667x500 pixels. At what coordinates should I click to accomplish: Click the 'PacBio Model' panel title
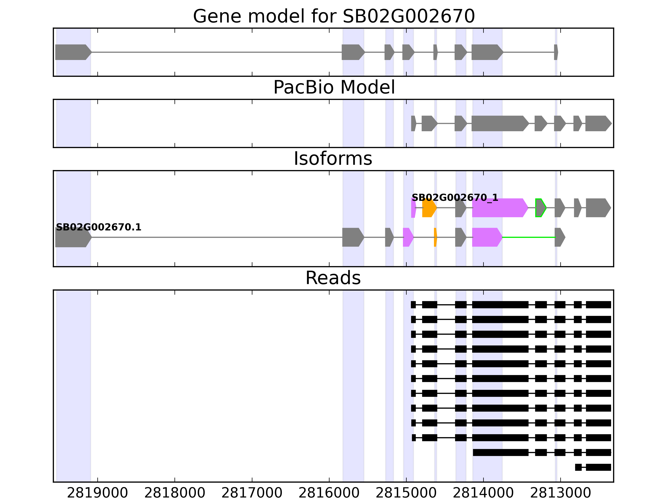334,87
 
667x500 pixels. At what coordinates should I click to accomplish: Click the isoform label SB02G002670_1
455,198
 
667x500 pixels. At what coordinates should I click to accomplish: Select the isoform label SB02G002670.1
99,227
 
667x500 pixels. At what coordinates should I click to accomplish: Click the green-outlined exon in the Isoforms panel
540,208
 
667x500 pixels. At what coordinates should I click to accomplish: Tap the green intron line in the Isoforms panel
528,237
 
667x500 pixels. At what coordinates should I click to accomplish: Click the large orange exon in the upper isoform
429,208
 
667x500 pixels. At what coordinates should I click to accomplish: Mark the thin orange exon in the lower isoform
435,237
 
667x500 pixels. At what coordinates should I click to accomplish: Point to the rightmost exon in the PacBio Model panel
598,123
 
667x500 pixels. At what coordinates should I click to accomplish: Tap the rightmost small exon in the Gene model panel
556,52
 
